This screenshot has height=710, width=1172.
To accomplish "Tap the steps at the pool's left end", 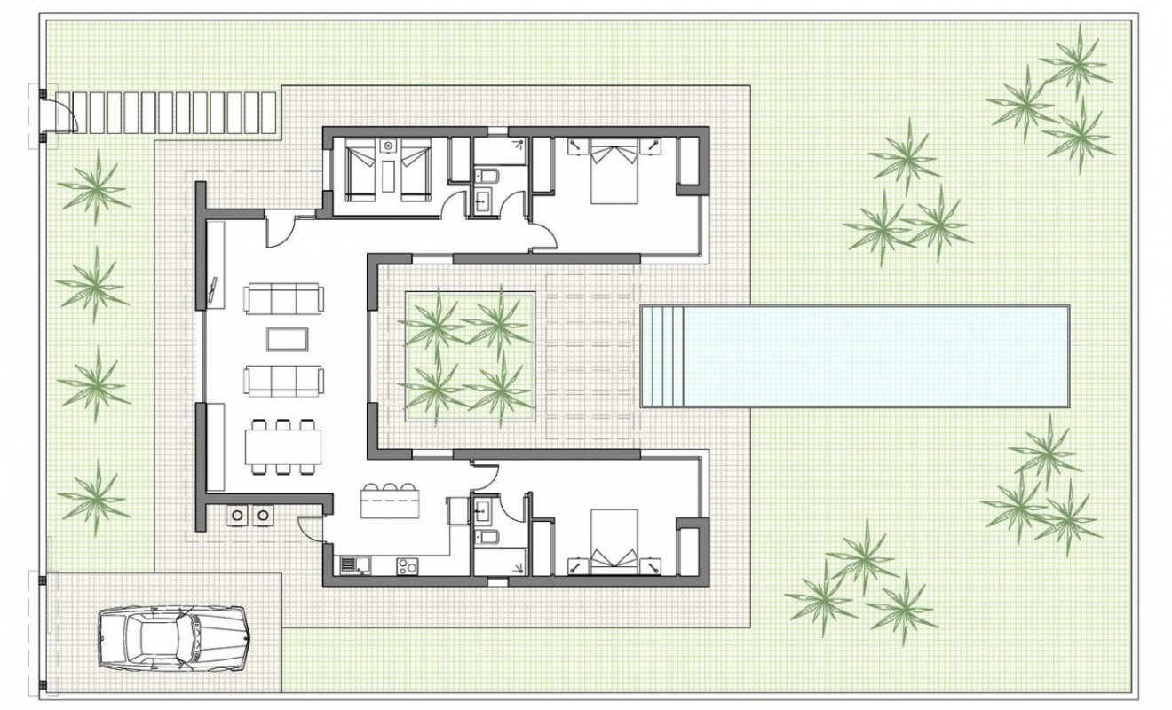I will (662, 355).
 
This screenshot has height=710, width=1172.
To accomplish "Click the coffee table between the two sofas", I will (289, 340).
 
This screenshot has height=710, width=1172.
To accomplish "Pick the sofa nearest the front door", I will (283, 298).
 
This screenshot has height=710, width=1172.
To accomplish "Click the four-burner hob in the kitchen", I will (408, 564).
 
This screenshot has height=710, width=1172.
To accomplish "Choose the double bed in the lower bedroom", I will (614, 538).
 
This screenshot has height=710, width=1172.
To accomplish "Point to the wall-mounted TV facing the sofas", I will (214, 291).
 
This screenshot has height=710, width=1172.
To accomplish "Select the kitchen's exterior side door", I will (310, 528).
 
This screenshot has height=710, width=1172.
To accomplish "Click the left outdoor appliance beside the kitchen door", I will (238, 515).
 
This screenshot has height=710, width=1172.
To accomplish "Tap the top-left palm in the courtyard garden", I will (434, 323).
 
